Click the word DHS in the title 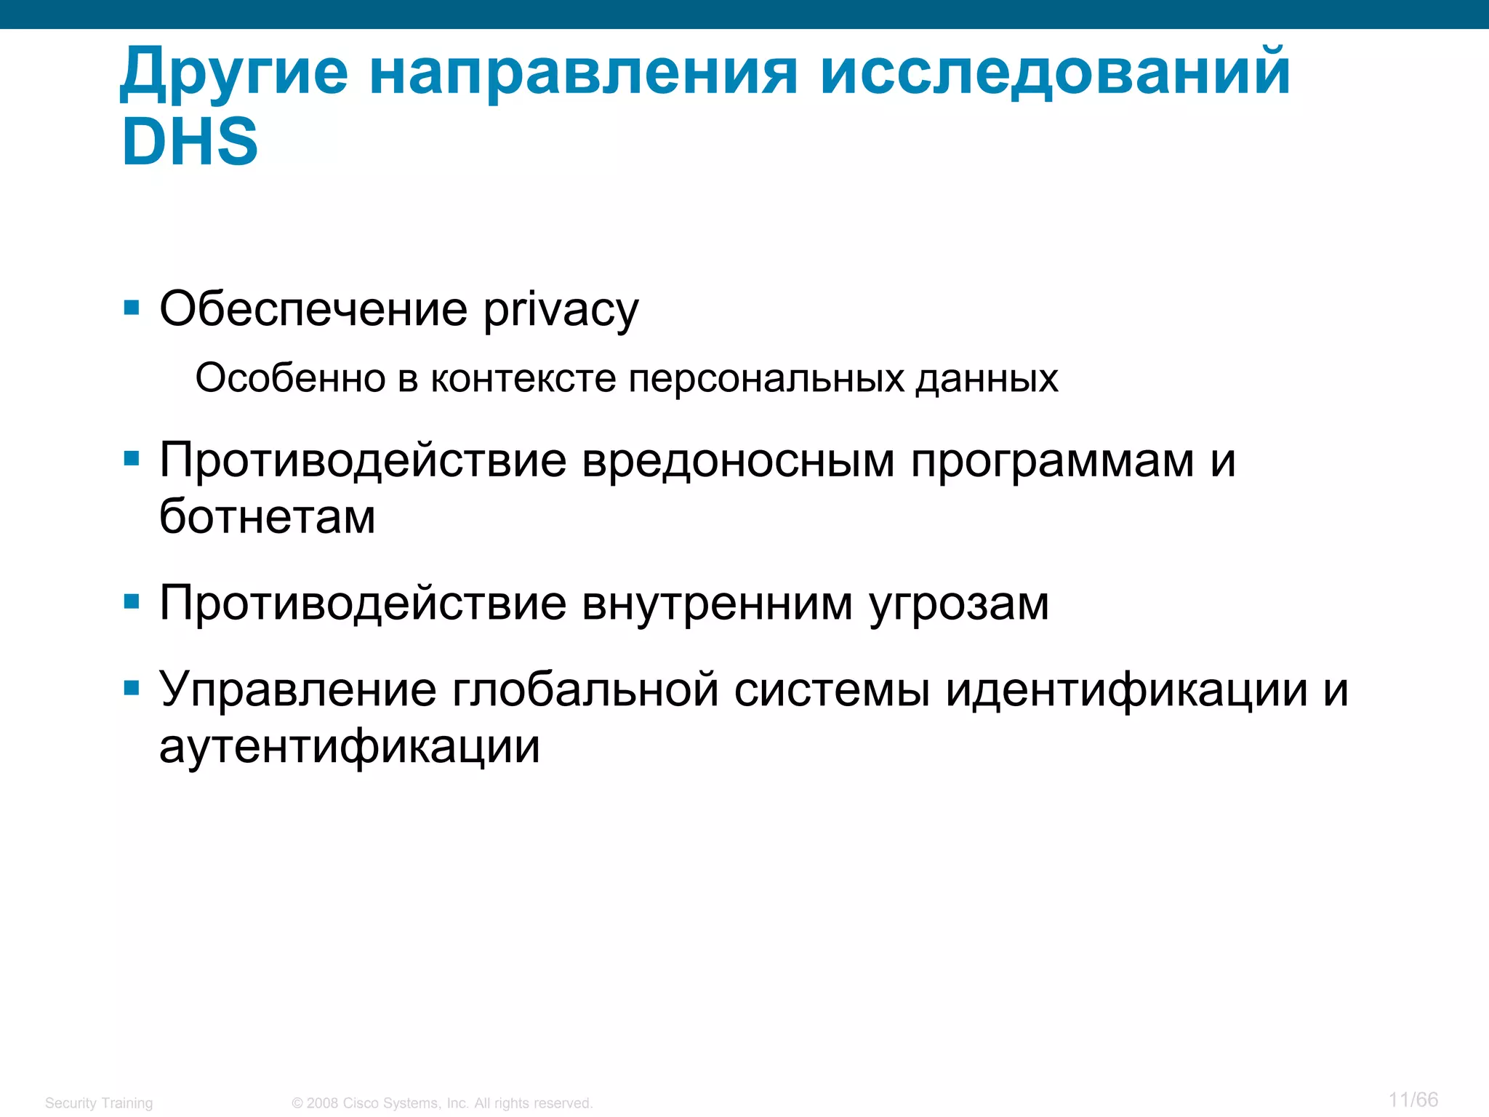[190, 142]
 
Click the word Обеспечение [313, 309]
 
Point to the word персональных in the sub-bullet [766, 379]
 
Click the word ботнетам [268, 517]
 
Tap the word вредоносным [738, 461]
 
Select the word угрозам [959, 604]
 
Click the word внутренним [718, 604]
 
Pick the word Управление [298, 689]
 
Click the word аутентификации [350, 747]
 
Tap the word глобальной [585, 689]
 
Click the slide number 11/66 [1413, 1100]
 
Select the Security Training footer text [99, 1103]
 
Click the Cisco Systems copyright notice [442, 1103]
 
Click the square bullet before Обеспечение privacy [132, 308]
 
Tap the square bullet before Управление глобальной [132, 688]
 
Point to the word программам [1052, 461]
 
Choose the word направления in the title [583, 73]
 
